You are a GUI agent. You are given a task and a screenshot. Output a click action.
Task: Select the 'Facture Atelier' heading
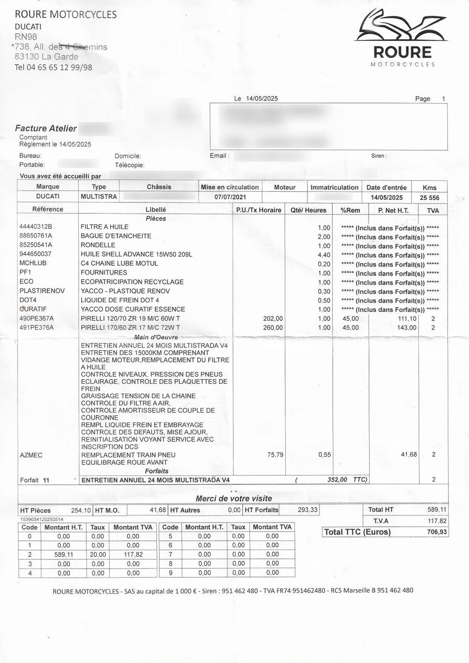pyautogui.click(x=46, y=128)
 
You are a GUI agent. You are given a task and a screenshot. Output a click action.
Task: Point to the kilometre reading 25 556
pyautogui.click(x=429, y=197)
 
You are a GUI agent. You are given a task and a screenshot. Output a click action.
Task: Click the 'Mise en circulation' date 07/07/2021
pyautogui.click(x=230, y=197)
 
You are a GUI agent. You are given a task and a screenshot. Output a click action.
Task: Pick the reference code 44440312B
pyautogui.click(x=36, y=227)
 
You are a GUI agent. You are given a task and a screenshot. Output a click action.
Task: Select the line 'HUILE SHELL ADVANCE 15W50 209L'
pyautogui.click(x=136, y=254)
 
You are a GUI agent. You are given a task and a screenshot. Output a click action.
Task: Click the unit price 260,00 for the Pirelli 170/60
pyautogui.click(x=273, y=328)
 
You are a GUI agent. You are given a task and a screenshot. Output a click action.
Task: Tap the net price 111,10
pyautogui.click(x=406, y=319)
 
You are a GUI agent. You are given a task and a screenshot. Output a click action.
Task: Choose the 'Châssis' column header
pyautogui.click(x=159, y=187)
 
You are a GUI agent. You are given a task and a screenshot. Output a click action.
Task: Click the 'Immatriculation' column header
pyautogui.click(x=334, y=188)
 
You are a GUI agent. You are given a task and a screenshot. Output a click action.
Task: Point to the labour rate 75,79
pyautogui.click(x=275, y=454)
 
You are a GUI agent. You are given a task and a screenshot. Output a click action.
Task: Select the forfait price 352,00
pyautogui.click(x=337, y=480)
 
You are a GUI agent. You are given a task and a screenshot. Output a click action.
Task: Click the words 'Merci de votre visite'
pyautogui.click(x=233, y=498)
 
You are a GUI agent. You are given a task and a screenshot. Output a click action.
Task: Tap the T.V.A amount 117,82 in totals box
pyautogui.click(x=437, y=521)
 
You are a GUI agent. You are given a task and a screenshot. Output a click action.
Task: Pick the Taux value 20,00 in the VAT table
pyautogui.click(x=98, y=554)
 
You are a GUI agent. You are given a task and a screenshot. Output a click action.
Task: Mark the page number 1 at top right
pyautogui.click(x=443, y=99)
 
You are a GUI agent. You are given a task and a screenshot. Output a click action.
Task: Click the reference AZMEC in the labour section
pyautogui.click(x=31, y=455)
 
